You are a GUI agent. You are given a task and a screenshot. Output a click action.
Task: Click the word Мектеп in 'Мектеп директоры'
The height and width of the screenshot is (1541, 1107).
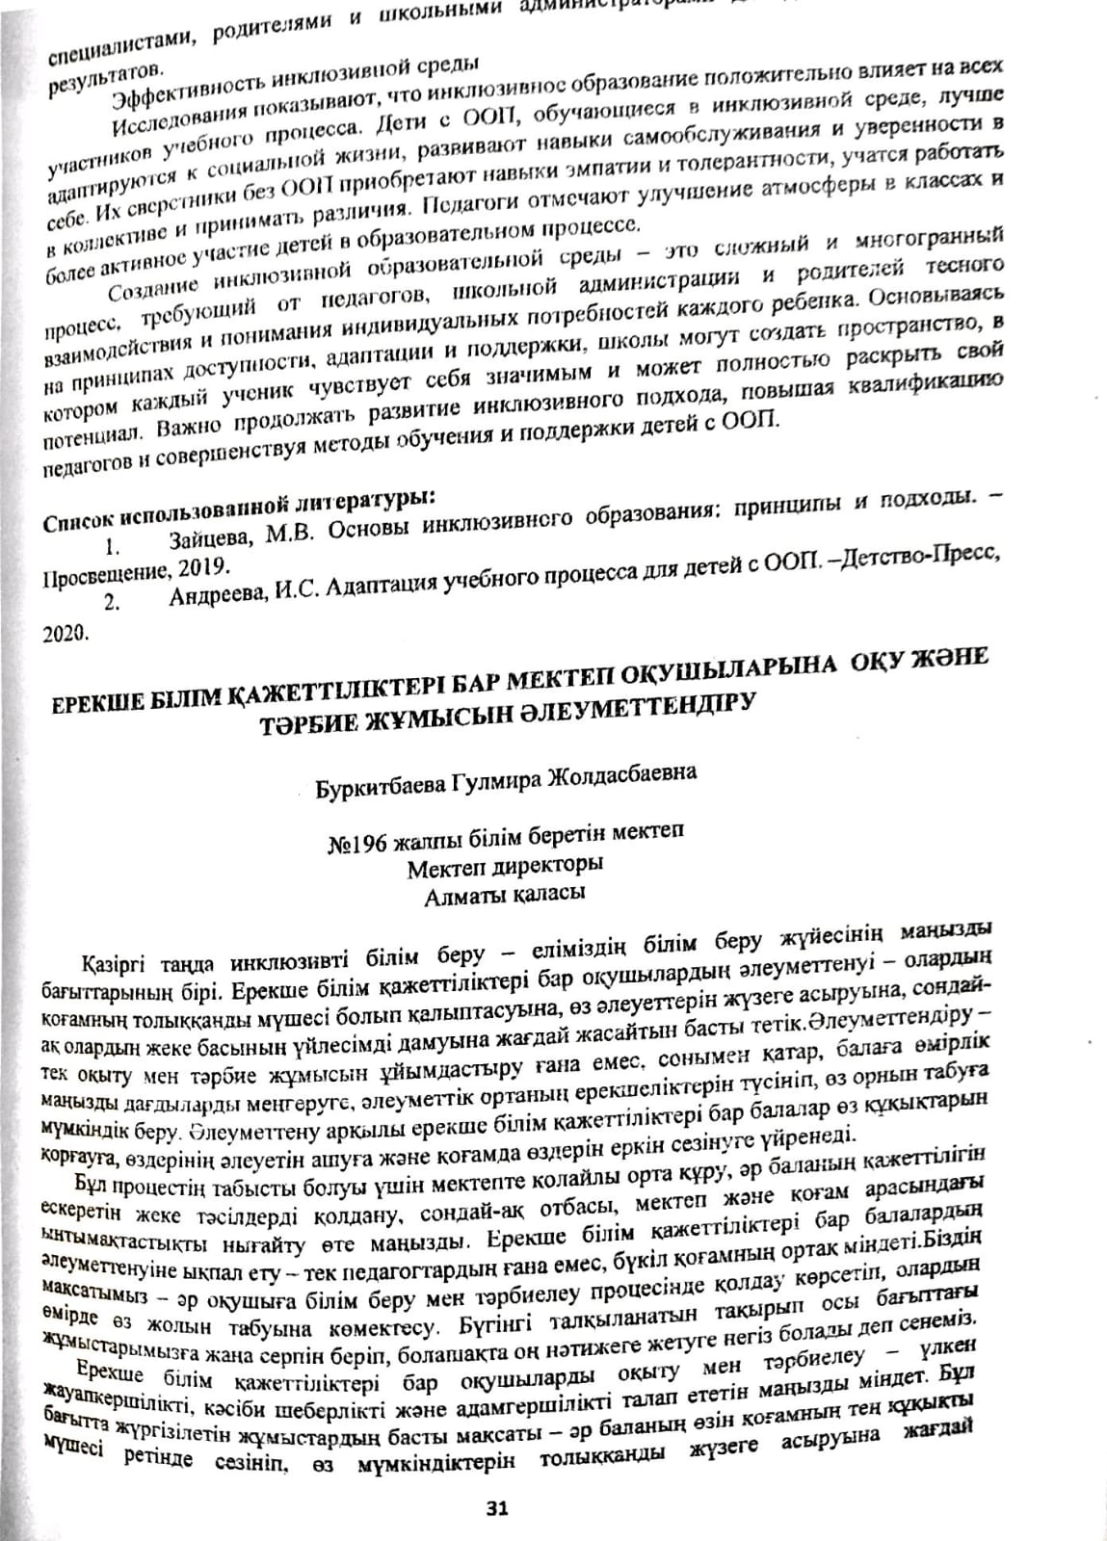pyautogui.click(x=445, y=866)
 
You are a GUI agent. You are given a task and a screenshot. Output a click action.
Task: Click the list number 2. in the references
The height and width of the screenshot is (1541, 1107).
pyautogui.click(x=112, y=603)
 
